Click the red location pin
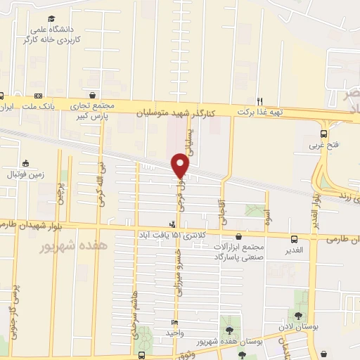click(x=180, y=165)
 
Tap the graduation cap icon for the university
click(x=51, y=19)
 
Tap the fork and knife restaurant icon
click(x=259, y=101)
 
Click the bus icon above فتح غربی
click(x=323, y=134)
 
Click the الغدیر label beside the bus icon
click(x=294, y=250)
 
